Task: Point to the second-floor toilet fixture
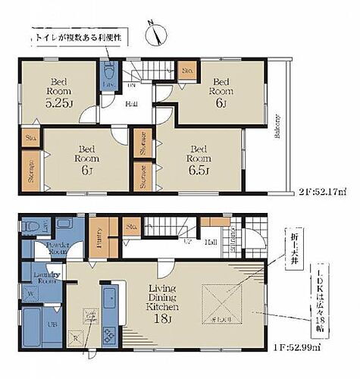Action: click(109, 74)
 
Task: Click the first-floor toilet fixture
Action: click(30, 226)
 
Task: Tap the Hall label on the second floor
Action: click(132, 105)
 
